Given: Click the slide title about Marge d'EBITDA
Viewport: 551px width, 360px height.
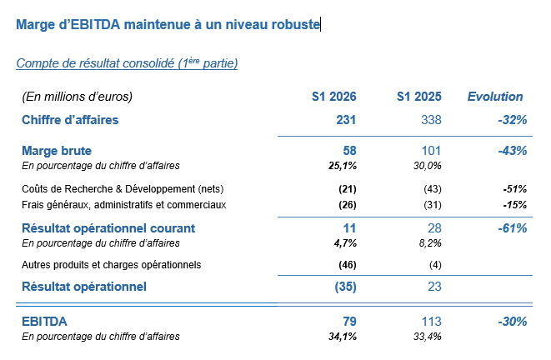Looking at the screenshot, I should click(168, 25).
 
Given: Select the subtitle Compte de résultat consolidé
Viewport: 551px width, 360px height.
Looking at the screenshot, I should click(127, 63).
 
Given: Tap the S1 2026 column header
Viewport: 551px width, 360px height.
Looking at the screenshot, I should click(333, 97).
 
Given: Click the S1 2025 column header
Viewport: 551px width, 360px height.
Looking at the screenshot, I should click(418, 97).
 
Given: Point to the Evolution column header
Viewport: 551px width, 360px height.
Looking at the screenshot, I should click(495, 97).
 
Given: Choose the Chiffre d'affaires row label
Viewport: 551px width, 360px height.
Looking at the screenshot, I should click(70, 120).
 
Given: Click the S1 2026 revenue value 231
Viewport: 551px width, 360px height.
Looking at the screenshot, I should click(346, 120).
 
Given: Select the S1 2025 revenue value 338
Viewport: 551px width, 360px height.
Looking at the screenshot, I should click(430, 120).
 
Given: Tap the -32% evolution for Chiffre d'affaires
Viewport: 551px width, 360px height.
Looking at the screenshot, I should click(511, 120).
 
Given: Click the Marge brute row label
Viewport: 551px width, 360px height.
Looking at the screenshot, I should click(57, 151).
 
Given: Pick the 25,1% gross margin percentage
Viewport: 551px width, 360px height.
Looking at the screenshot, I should click(341, 166).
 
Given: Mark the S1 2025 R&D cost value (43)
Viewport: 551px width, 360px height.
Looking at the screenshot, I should click(433, 188).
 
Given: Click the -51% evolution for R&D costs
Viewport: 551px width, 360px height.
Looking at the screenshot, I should click(515, 188).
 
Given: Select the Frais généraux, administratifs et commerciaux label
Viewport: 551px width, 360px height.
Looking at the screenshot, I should click(124, 204).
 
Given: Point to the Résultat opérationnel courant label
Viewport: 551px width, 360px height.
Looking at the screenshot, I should click(108, 227).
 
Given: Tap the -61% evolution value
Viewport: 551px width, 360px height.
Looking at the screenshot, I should click(511, 227).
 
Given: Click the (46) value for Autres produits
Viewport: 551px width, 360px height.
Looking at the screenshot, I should click(348, 265).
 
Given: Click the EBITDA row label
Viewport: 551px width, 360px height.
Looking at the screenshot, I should click(45, 321).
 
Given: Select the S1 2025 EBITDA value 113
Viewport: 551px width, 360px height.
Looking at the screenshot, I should click(430, 321).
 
